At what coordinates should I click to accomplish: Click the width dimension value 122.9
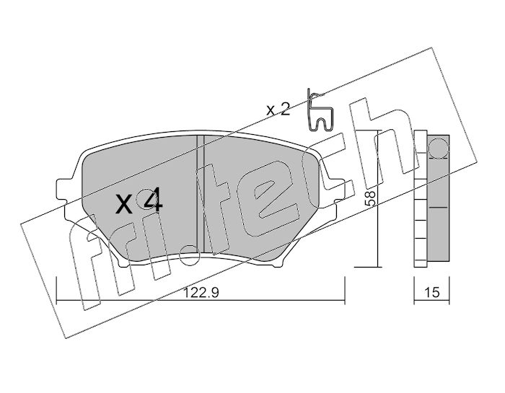point(201,293)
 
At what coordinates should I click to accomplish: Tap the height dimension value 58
point(370,198)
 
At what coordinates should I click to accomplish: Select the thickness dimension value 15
point(431,293)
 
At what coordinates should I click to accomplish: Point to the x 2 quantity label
point(278,110)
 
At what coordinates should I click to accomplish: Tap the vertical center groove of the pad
point(200,194)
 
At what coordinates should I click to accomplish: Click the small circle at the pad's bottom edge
point(189,255)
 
